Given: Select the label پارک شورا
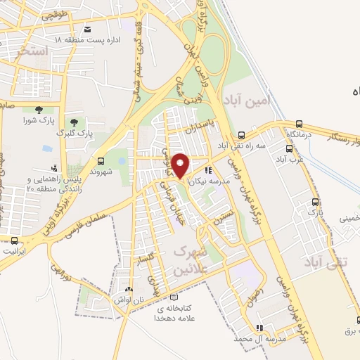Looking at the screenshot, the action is pyautogui.click(x=37, y=120).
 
